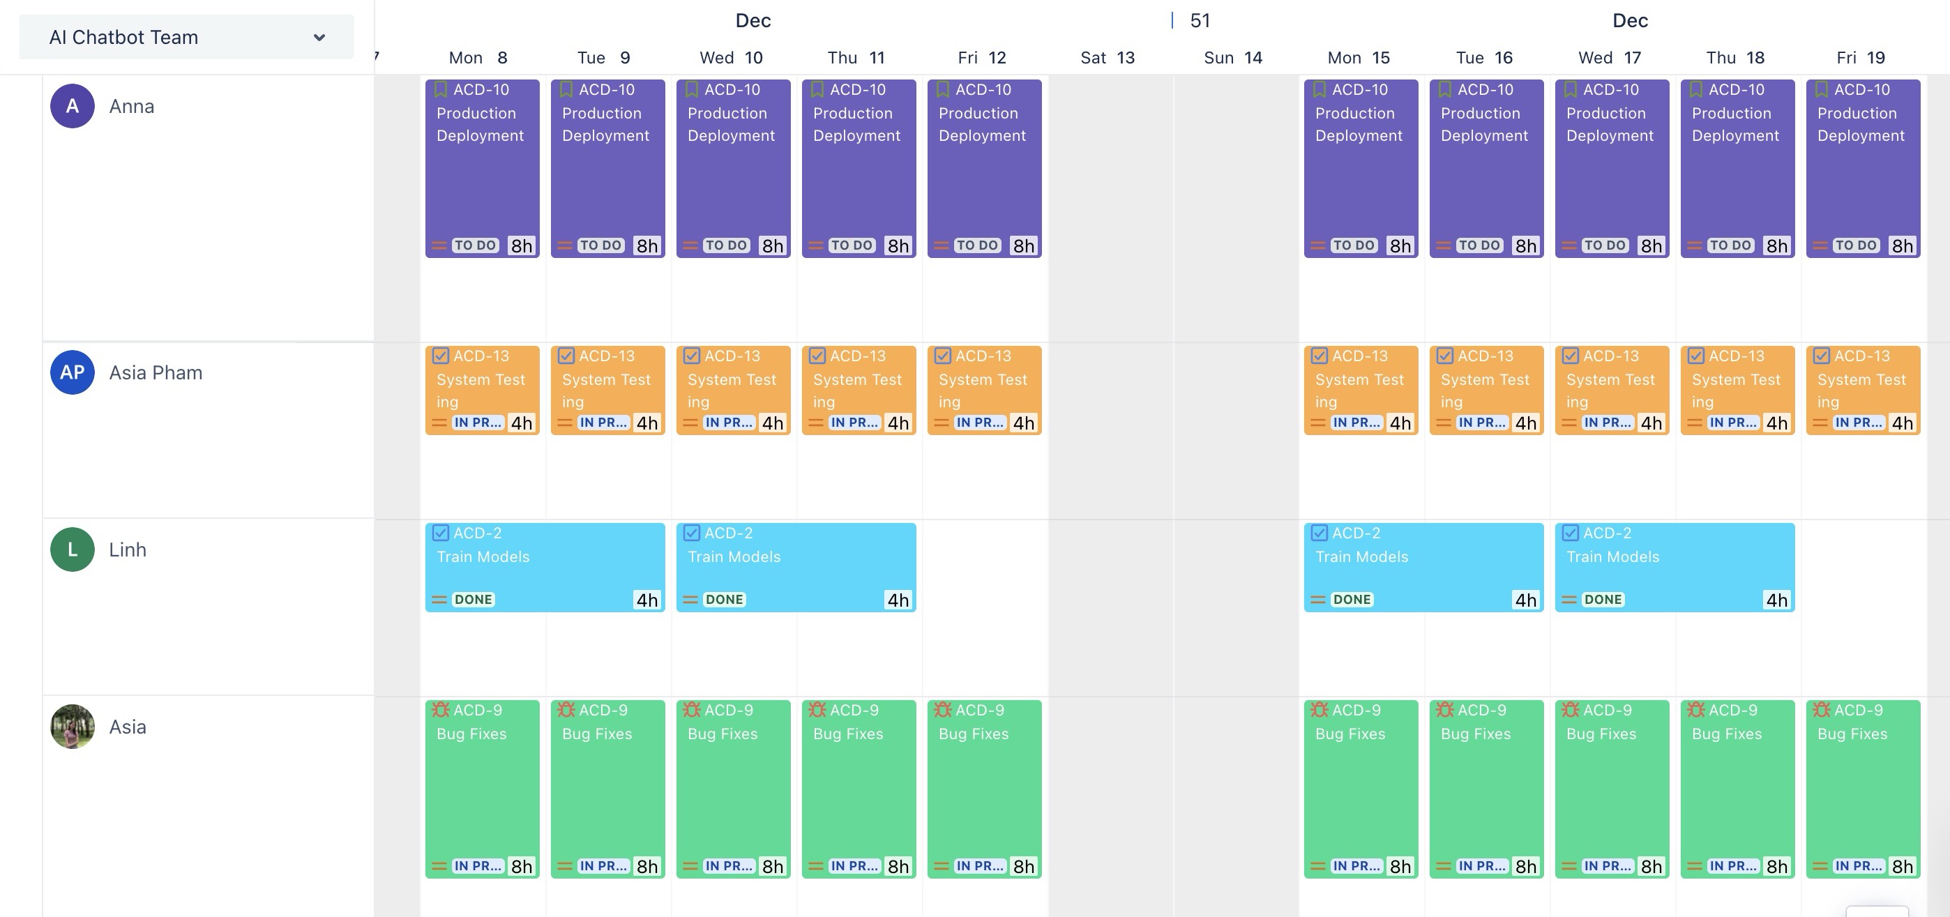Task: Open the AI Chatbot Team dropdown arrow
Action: [x=319, y=37]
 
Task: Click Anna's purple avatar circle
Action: [x=72, y=106]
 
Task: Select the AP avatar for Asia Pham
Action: [x=72, y=372]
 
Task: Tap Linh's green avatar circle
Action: [x=72, y=550]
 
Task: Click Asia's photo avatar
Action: [x=72, y=727]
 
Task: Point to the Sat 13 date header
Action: [x=1107, y=57]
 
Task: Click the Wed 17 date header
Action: [x=1610, y=57]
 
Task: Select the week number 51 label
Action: [x=1200, y=20]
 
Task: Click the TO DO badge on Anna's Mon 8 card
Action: [x=475, y=245]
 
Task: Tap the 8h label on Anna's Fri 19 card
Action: [x=1902, y=246]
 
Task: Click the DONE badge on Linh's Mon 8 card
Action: [x=473, y=599]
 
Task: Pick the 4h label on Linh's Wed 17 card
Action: [x=1776, y=600]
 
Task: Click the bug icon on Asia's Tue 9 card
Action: [x=566, y=710]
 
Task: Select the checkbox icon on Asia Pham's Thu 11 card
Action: [x=817, y=356]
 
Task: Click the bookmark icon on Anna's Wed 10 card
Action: [x=691, y=89]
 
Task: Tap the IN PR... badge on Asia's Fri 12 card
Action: [x=980, y=865]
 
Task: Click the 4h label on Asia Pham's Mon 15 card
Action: [x=1400, y=423]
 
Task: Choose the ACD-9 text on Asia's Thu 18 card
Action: [x=1732, y=710]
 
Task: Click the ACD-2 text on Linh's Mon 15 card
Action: [x=1356, y=533]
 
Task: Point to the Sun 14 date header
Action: [x=1232, y=57]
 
